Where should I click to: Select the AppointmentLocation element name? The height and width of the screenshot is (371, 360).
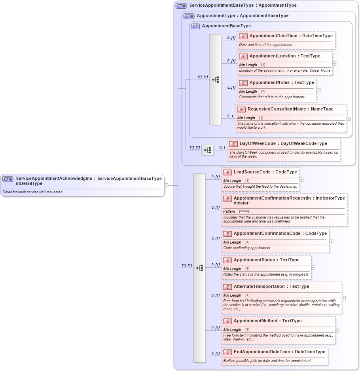coord(272,56)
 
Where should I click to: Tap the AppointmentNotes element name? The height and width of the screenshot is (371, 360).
coord(270,83)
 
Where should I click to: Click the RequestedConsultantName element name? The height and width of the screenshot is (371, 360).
coord(274,109)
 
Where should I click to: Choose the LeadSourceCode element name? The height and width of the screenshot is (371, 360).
coord(252,172)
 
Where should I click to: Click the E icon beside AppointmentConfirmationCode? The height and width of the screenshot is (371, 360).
coord(227,234)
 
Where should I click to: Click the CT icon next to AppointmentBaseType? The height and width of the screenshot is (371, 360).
coord(195,26)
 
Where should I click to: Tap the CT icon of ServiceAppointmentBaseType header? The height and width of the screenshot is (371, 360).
coord(181,6)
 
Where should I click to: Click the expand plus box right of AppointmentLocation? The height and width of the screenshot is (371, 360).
coord(335,63)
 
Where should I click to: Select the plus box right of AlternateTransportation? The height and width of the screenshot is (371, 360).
coord(344,298)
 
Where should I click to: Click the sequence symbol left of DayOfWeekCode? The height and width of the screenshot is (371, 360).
coord(207,150)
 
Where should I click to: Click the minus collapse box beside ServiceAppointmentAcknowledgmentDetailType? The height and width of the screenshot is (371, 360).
coord(166,185)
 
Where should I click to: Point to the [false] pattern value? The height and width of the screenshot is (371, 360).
coord(244,211)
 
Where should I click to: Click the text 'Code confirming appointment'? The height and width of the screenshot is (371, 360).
coord(247,248)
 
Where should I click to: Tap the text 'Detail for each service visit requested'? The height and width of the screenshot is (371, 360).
coord(32,192)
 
